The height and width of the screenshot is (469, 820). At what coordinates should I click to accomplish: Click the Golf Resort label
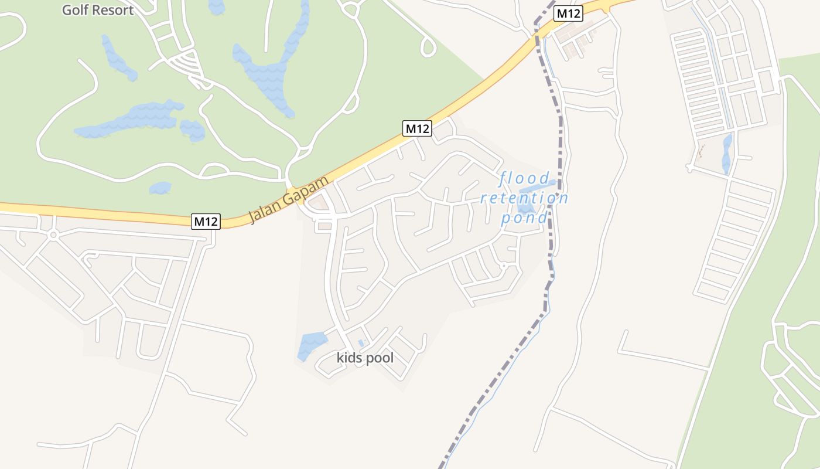pos(98,10)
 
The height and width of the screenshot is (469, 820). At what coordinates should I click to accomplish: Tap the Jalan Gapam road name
pos(288,199)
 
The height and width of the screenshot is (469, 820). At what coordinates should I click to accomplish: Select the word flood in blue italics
pos(525,178)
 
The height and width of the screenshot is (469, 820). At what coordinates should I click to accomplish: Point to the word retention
pos(524,198)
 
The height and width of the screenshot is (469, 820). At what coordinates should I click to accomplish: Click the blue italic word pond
pos(524,218)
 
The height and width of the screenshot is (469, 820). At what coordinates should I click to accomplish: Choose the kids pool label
pos(365,358)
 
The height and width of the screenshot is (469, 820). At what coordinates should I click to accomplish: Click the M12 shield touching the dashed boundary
pos(568,13)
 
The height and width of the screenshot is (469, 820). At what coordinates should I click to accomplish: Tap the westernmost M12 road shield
pos(206,222)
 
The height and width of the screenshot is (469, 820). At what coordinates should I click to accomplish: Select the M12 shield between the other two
pos(417,128)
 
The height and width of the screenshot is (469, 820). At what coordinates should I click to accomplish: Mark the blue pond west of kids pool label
pos(312,344)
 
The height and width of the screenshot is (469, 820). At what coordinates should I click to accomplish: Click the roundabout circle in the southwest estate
pos(53,235)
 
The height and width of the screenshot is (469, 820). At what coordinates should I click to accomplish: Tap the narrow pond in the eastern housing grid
pos(727,154)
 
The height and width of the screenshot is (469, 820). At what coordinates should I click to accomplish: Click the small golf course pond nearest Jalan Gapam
pos(160,188)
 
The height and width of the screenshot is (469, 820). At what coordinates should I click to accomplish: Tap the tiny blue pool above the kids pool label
pos(361,342)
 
